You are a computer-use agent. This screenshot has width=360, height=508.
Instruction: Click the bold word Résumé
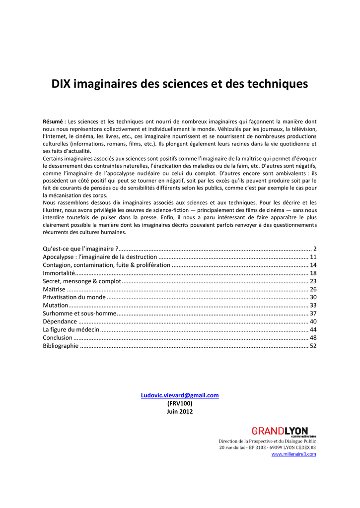[53, 122]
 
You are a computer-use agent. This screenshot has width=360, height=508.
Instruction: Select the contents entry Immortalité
[59, 273]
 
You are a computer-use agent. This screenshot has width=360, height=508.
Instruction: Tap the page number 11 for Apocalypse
[313, 257]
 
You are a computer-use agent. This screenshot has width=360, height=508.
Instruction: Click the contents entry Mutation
[55, 306]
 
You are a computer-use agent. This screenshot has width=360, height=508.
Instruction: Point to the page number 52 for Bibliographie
[313, 346]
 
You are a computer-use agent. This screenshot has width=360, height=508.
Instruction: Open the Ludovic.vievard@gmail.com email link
[180, 395]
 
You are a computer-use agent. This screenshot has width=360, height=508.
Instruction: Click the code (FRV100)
[180, 403]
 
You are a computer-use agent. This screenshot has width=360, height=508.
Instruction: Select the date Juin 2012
[180, 411]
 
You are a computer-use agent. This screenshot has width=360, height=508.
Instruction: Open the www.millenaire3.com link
[293, 454]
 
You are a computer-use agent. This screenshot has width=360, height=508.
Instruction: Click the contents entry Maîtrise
[54, 289]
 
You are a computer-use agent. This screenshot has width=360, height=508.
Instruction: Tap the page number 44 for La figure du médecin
[313, 329]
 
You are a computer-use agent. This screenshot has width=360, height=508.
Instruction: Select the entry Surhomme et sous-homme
[79, 314]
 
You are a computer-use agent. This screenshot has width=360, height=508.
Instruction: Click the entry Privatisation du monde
[74, 297]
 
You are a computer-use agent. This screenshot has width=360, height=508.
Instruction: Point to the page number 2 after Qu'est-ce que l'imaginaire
[315, 249]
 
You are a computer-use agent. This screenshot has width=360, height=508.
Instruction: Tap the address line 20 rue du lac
[268, 447]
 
